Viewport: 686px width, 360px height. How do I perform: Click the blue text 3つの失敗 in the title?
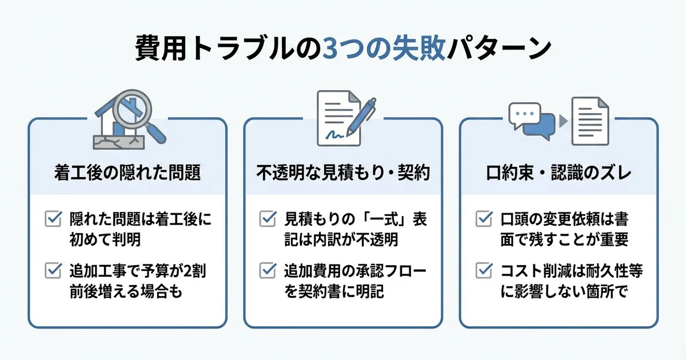383,50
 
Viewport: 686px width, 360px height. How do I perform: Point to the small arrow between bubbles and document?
563,121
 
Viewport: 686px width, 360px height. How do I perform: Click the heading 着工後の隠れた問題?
127,173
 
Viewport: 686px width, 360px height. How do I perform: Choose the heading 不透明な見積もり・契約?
343,173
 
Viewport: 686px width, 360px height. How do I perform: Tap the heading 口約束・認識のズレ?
559,173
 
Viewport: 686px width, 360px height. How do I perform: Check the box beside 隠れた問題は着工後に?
53,218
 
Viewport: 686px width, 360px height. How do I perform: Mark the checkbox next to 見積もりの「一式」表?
268,218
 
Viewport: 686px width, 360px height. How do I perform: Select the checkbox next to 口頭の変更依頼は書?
483,218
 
